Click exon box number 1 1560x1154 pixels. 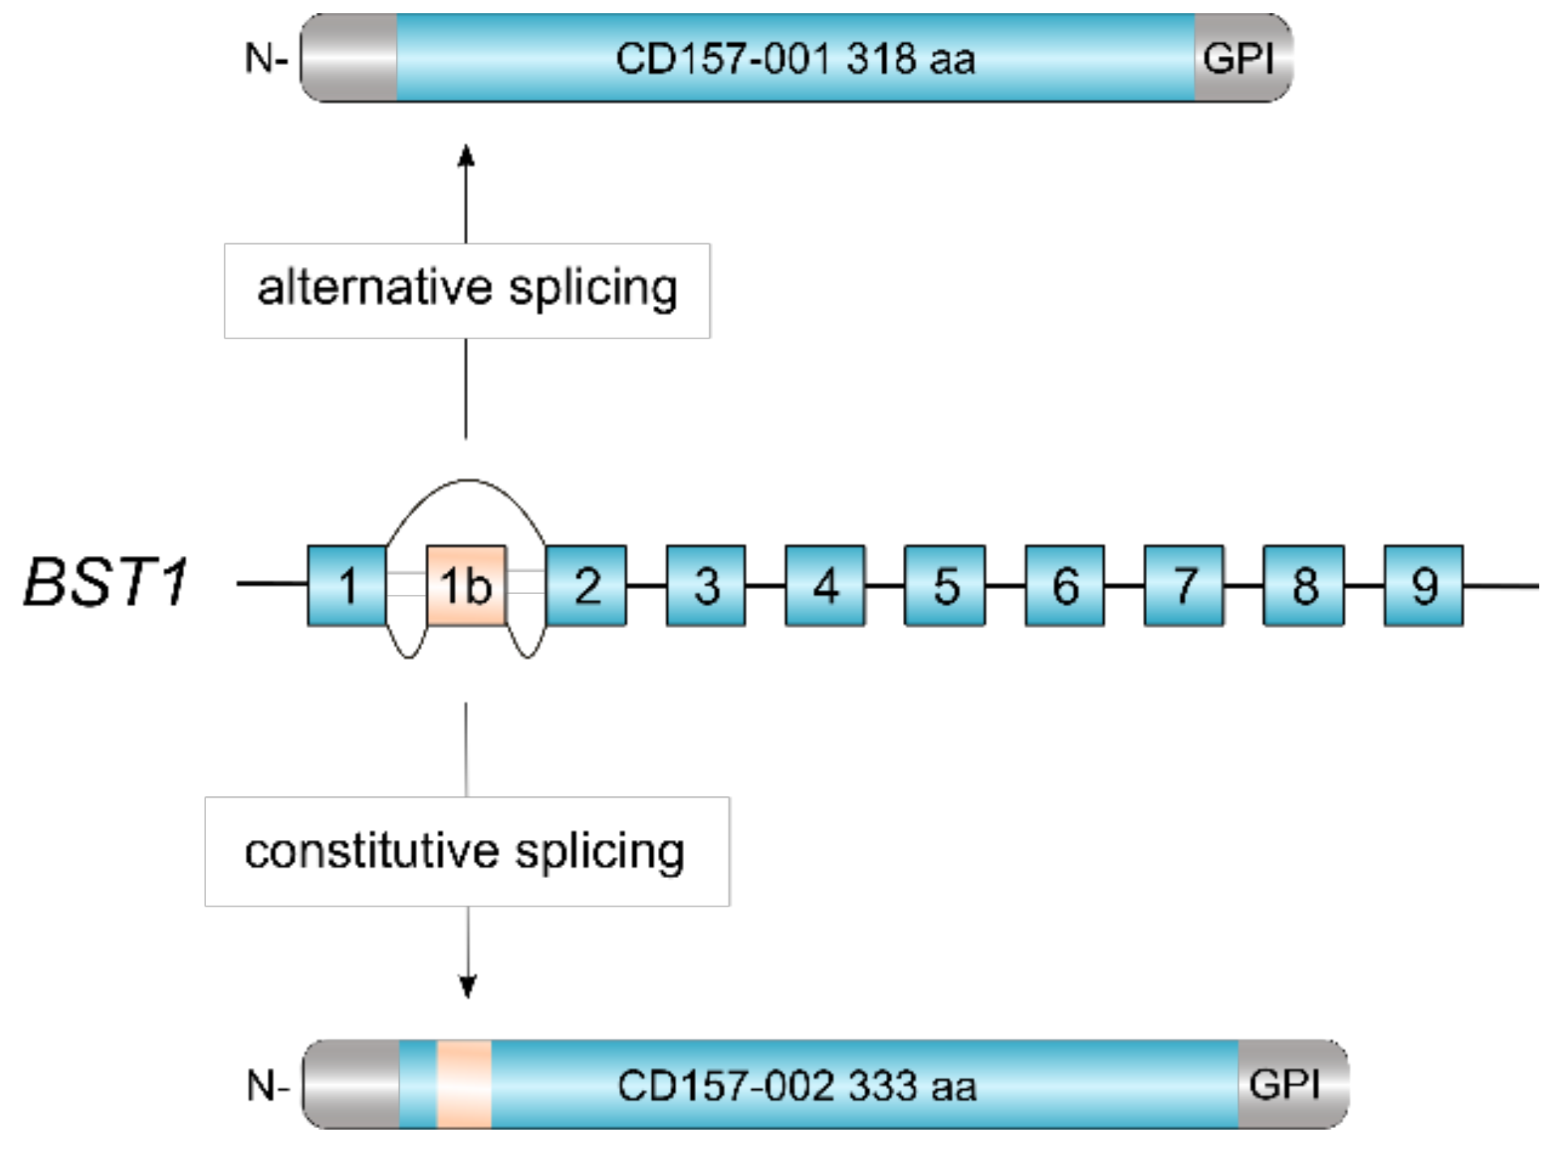[x=346, y=585]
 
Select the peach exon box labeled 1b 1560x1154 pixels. [x=466, y=585]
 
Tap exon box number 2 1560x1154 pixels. [x=586, y=585]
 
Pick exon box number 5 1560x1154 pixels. [x=945, y=585]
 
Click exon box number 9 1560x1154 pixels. [x=1424, y=585]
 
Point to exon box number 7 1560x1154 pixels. [x=1184, y=585]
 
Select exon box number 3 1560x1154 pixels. [x=706, y=585]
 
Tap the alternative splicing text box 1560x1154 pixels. [x=467, y=290]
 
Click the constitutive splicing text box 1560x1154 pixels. [x=467, y=851]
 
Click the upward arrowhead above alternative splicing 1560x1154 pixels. [x=466, y=156]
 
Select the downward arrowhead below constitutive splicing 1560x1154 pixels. [x=467, y=986]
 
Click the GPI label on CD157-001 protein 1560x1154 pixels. [x=1238, y=58]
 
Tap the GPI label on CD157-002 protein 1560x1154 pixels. [x=1284, y=1084]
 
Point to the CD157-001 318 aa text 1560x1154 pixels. [x=795, y=58]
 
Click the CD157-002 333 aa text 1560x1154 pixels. [x=797, y=1085]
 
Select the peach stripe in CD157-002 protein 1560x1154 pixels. [x=464, y=1084]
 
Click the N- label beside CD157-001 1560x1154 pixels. [x=266, y=58]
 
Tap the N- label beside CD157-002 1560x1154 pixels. [x=268, y=1085]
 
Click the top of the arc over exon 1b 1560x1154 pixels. [x=468, y=480]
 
